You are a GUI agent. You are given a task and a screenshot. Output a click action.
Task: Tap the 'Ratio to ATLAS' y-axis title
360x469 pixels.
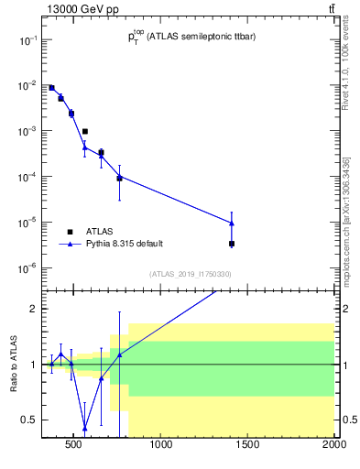pos(14,364)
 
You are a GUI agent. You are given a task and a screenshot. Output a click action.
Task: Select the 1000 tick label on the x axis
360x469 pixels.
pos(161,446)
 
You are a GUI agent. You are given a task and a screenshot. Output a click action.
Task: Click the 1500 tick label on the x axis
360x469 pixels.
pos(247,446)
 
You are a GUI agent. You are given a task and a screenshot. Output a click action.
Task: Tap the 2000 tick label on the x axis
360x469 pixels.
pos(333,446)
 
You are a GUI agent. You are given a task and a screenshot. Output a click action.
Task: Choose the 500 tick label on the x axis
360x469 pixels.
pos(75,446)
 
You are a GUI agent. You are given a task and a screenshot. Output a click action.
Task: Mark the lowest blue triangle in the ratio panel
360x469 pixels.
pos(85,428)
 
